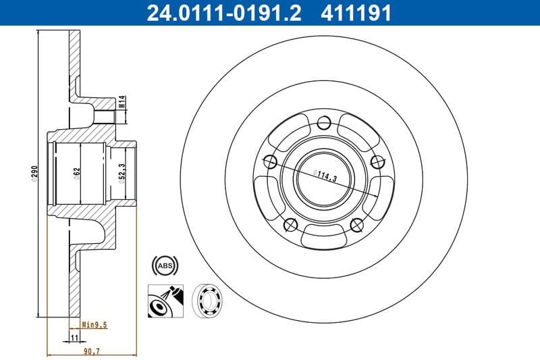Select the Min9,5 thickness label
pyautogui.click(x=94, y=324)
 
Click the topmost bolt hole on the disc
pyautogui.click(x=323, y=123)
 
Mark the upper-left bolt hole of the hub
pyautogui.click(x=270, y=161)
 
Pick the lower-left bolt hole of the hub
pyautogui.click(x=290, y=224)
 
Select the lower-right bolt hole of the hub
pyautogui.click(x=356, y=224)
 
